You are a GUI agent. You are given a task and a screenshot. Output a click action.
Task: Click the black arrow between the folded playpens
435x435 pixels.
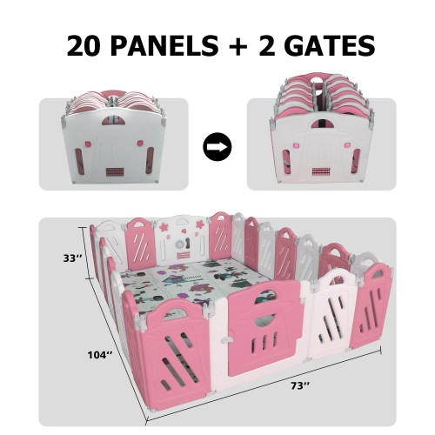click(217, 146)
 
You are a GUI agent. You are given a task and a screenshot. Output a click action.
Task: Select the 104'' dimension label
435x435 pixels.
click(102, 355)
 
